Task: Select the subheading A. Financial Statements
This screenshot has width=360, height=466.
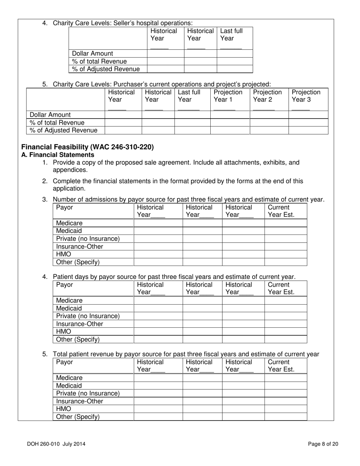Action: point(58,155)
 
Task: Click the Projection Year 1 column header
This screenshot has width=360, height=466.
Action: point(228,96)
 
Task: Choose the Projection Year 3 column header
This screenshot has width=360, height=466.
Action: point(306,96)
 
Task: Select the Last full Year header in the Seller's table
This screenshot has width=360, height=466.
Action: point(231,34)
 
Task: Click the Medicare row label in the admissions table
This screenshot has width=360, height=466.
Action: point(69,223)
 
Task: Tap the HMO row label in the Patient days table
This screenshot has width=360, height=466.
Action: point(64,332)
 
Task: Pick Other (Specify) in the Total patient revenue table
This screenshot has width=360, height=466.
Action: point(78,417)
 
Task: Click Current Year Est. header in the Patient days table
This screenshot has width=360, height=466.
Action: point(281,288)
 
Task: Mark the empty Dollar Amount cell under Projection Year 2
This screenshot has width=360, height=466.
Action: point(269,114)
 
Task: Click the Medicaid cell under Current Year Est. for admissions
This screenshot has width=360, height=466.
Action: point(285,231)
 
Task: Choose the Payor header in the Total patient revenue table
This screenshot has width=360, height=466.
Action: point(64,362)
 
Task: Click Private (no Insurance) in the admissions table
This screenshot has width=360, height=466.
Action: point(88,239)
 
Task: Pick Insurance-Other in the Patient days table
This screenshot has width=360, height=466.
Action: point(80,324)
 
